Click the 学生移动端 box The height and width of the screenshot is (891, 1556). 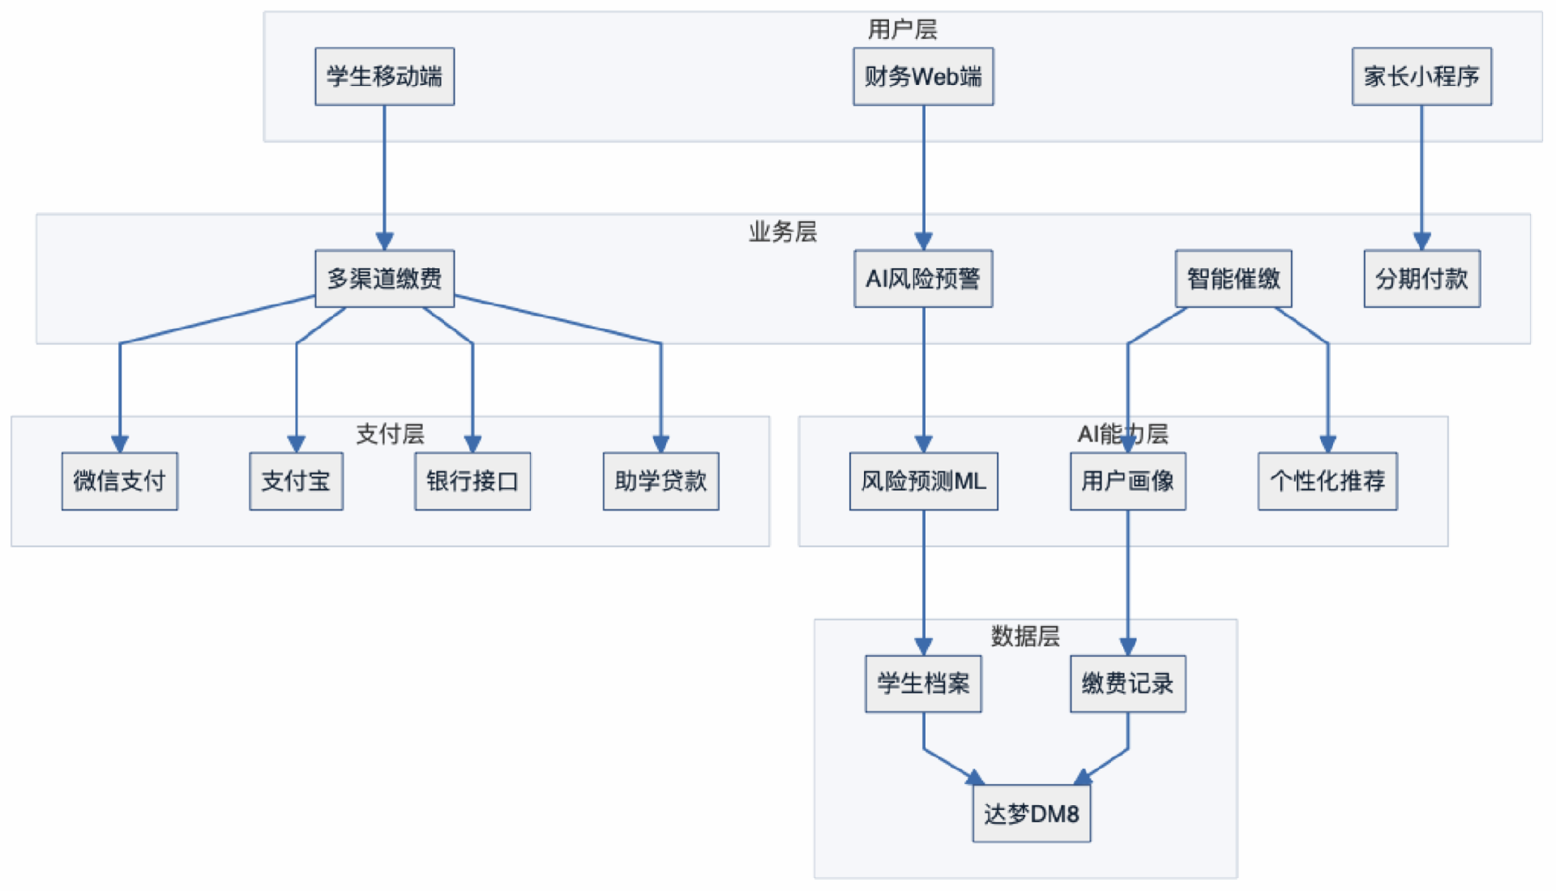coord(384,76)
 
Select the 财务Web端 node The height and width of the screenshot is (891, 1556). coord(923,76)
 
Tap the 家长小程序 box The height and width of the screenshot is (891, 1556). coord(1421,76)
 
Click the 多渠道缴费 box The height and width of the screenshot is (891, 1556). coord(384,279)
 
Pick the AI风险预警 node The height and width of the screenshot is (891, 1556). coord(923,279)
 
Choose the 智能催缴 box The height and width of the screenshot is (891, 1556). coord(1233,279)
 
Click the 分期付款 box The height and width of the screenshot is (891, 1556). coord(1421,279)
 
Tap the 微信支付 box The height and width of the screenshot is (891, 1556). coord(119,481)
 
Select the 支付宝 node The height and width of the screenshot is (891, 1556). coord(296,481)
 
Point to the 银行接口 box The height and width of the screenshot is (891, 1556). coord(472,481)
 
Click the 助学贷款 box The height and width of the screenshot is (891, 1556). coord(660,481)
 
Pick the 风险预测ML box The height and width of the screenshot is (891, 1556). coord(923,481)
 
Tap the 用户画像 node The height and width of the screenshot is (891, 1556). coord(1127,481)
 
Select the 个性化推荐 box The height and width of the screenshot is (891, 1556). coord(1327,481)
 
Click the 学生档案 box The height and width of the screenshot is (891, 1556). coord(923,684)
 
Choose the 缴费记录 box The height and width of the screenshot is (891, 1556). coord(1127,684)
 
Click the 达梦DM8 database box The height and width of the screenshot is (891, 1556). coord(1031,813)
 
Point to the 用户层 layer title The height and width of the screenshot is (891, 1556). coord(902,30)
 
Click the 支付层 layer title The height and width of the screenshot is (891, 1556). coord(390,434)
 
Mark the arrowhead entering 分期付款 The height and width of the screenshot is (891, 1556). coord(1421,241)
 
